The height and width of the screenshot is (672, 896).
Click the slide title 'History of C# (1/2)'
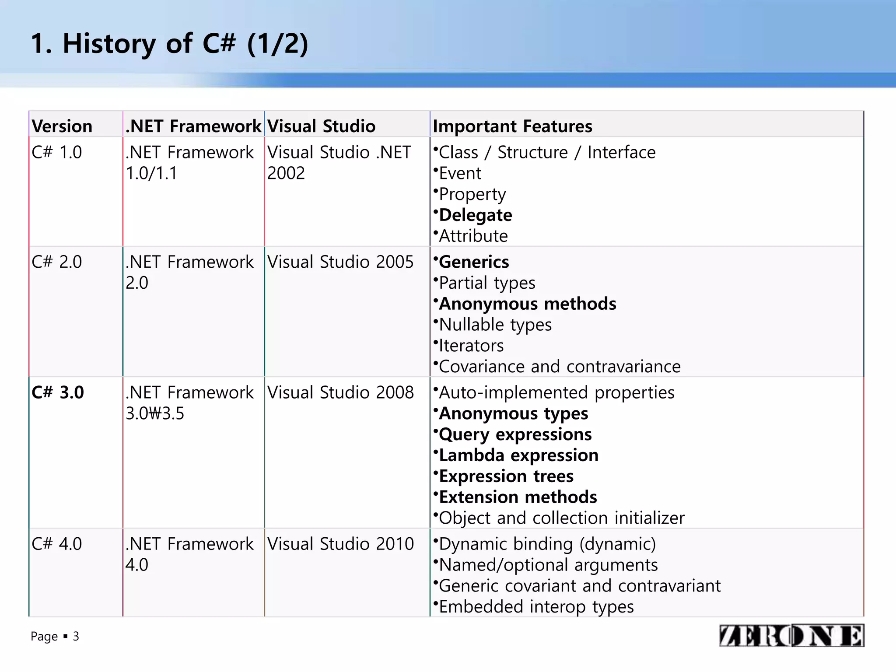[x=170, y=44]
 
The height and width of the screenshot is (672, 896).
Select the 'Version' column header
[x=62, y=126]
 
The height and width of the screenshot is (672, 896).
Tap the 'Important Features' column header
[x=512, y=126]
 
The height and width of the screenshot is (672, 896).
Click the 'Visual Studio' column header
[x=322, y=126]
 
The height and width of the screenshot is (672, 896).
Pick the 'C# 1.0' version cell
[x=57, y=152]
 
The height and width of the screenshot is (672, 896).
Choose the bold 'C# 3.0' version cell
[x=58, y=392]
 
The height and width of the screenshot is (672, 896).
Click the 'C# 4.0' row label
[x=57, y=544]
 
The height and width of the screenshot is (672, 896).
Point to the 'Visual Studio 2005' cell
[x=340, y=262]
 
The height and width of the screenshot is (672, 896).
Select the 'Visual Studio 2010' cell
[x=340, y=544]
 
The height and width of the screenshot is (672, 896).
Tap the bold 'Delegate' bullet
[x=475, y=215]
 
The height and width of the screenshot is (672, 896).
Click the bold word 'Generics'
[x=474, y=262]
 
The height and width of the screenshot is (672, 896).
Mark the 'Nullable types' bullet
[x=495, y=325]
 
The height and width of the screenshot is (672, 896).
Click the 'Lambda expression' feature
[x=518, y=455]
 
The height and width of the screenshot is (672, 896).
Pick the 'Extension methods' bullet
[x=518, y=497]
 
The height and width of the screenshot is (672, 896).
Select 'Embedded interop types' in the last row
[x=536, y=607]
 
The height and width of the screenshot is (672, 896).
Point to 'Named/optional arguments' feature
[x=548, y=565]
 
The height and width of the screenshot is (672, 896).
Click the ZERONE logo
[x=791, y=636]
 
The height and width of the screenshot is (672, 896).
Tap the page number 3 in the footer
[x=76, y=636]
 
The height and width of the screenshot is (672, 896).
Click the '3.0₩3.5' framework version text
[x=155, y=413]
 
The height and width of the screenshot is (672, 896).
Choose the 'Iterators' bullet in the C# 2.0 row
[x=471, y=346]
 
